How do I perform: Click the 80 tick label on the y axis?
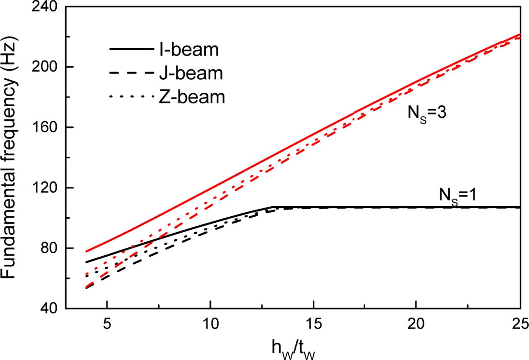[50, 248]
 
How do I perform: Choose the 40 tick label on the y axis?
[50, 308]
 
